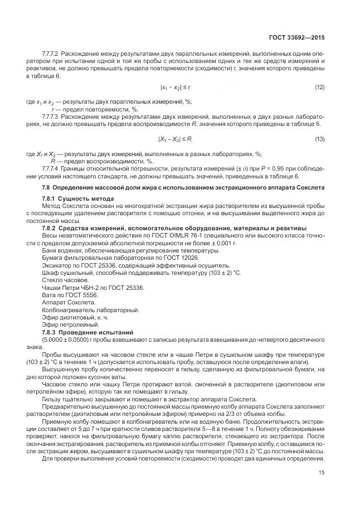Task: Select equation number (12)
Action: click(319, 88)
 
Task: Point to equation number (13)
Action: click(319, 138)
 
